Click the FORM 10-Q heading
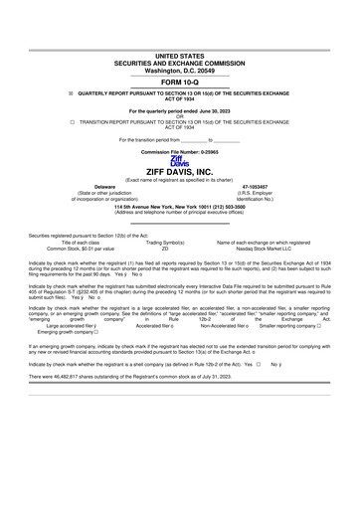(180, 82)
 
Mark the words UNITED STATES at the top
(180, 57)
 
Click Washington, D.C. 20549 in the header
(180, 71)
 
